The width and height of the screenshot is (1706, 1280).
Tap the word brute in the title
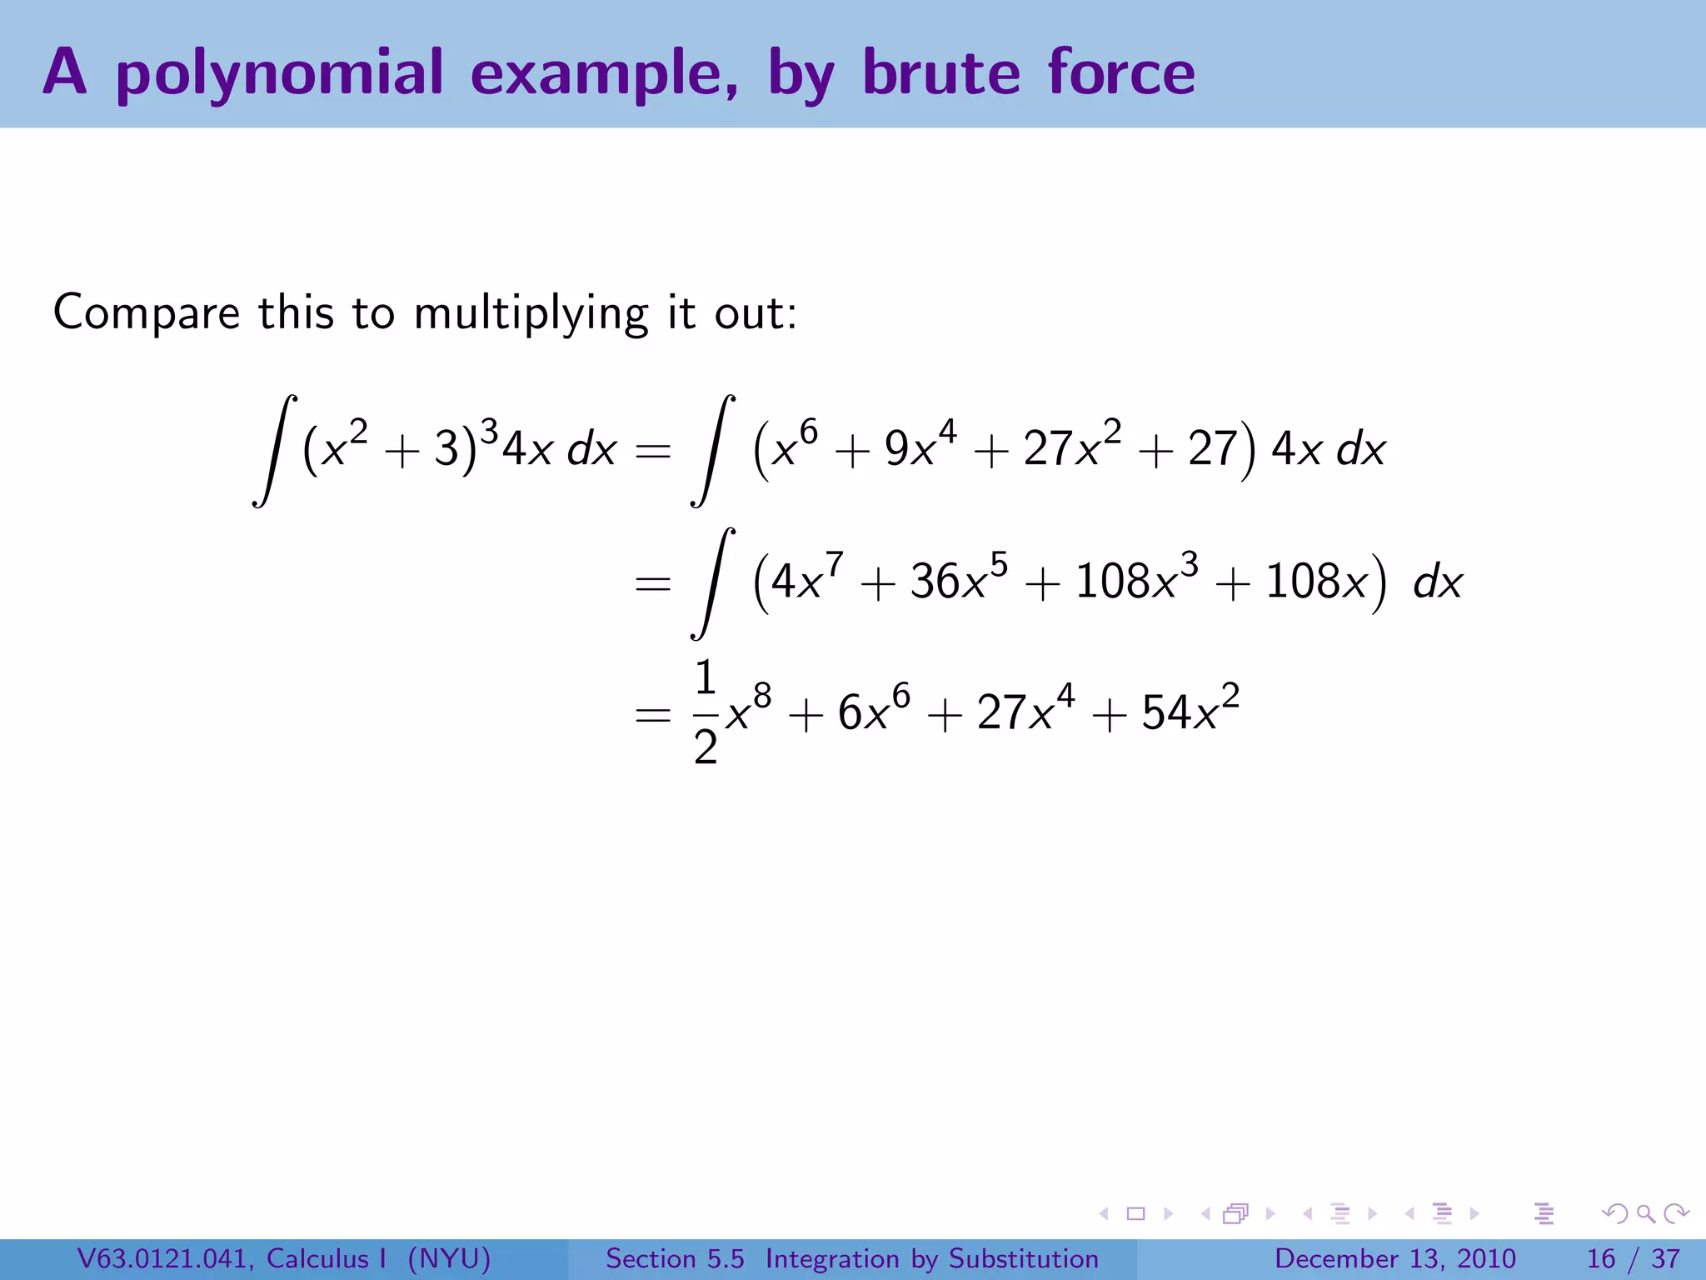click(941, 73)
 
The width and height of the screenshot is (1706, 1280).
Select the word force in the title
click(1121, 73)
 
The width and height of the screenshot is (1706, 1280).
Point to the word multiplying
click(531, 315)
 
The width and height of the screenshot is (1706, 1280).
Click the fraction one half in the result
click(705, 712)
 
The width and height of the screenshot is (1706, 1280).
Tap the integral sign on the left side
click(275, 450)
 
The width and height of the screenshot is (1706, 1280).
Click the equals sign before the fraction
click(652, 715)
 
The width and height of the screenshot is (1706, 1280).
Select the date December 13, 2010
click(1394, 1258)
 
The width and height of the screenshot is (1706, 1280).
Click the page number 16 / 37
click(1633, 1258)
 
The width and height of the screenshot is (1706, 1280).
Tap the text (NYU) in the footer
click(449, 1258)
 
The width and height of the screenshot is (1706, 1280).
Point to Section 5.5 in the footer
click(675, 1258)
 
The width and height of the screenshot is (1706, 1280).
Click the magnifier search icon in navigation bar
click(1645, 1214)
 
